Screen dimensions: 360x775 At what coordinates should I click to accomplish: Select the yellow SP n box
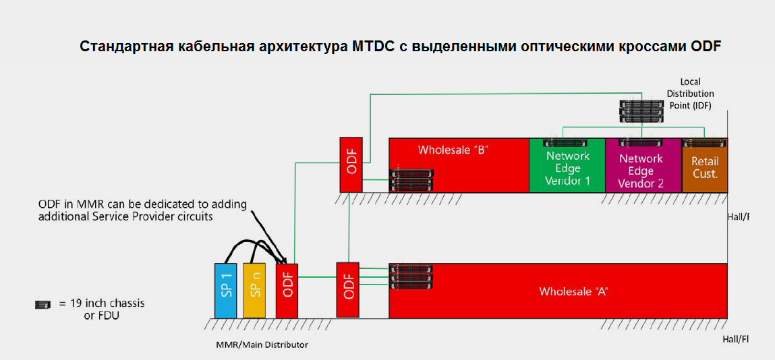pos(254,290)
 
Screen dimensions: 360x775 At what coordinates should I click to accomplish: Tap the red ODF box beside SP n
pos(287,290)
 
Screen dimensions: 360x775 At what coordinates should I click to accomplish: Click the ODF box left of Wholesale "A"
pos(349,289)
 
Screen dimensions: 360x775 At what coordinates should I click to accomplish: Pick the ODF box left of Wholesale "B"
pos(351,164)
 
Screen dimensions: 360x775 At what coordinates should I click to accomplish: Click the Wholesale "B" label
pos(453,150)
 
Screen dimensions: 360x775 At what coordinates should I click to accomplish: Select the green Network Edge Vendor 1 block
pos(567,169)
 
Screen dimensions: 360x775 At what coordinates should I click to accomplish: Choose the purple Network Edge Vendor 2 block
pos(641,171)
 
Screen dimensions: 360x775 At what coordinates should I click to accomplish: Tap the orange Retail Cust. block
pos(704,169)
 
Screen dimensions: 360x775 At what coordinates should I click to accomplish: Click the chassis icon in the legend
pos(43,305)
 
